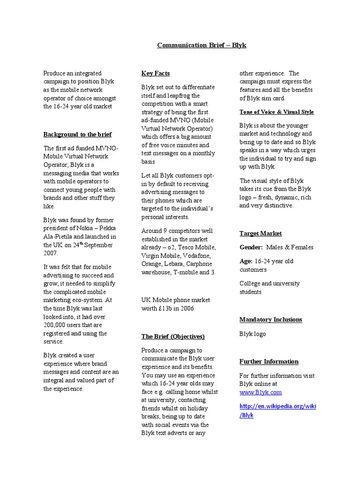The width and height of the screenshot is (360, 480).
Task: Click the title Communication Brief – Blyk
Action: tap(201, 45)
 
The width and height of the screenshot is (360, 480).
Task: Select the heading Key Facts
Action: tap(155, 73)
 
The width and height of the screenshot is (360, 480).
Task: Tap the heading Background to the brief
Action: tap(77, 135)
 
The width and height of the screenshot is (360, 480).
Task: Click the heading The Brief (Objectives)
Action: tap(173, 336)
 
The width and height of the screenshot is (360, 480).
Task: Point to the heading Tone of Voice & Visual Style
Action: tap(277, 112)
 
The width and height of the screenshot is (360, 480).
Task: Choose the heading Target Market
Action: tap(261, 233)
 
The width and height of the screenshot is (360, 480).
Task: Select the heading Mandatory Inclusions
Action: tap(270, 320)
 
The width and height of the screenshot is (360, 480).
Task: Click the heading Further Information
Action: tap(269, 361)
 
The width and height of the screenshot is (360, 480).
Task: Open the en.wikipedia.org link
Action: tap(277, 406)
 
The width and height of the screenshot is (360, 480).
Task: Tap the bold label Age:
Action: tap(246, 262)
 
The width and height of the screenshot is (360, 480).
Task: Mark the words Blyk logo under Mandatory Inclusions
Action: tap(253, 334)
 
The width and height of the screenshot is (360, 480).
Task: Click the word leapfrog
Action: tap(186, 96)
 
